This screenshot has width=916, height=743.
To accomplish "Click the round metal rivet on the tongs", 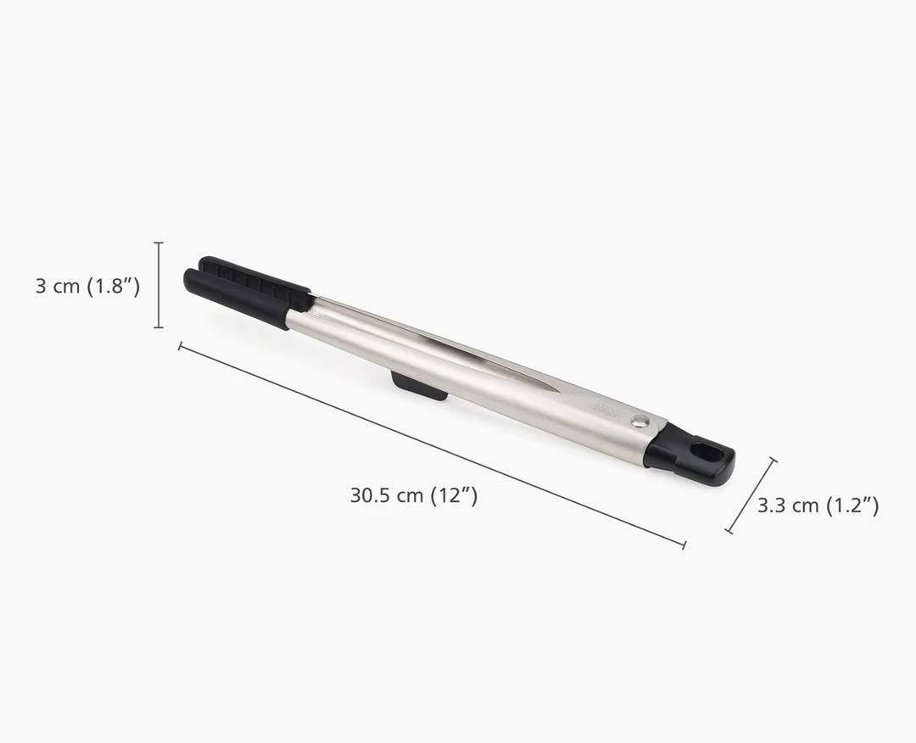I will click(641, 419).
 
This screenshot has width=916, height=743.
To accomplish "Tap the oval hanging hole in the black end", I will click(703, 450).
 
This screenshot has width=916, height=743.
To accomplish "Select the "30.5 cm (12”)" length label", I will click(414, 496).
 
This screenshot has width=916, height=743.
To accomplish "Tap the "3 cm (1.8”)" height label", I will click(87, 286).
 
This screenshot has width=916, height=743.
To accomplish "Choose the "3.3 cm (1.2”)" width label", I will click(818, 506).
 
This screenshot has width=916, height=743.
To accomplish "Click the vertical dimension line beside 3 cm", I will click(159, 285).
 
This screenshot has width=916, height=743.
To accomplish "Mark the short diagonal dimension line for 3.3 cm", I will click(751, 496).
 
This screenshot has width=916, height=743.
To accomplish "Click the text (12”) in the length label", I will click(455, 496).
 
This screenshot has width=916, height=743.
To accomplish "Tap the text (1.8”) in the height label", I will click(112, 286).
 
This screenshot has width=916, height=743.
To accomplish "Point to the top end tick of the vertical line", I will click(159, 243).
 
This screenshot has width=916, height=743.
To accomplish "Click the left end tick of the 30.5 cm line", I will click(180, 344).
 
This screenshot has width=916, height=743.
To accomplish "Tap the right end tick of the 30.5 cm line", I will click(684, 545).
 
